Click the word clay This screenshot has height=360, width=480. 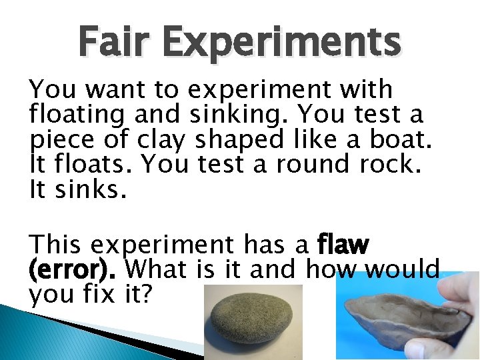point(165,140)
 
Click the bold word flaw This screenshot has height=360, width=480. point(343,245)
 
